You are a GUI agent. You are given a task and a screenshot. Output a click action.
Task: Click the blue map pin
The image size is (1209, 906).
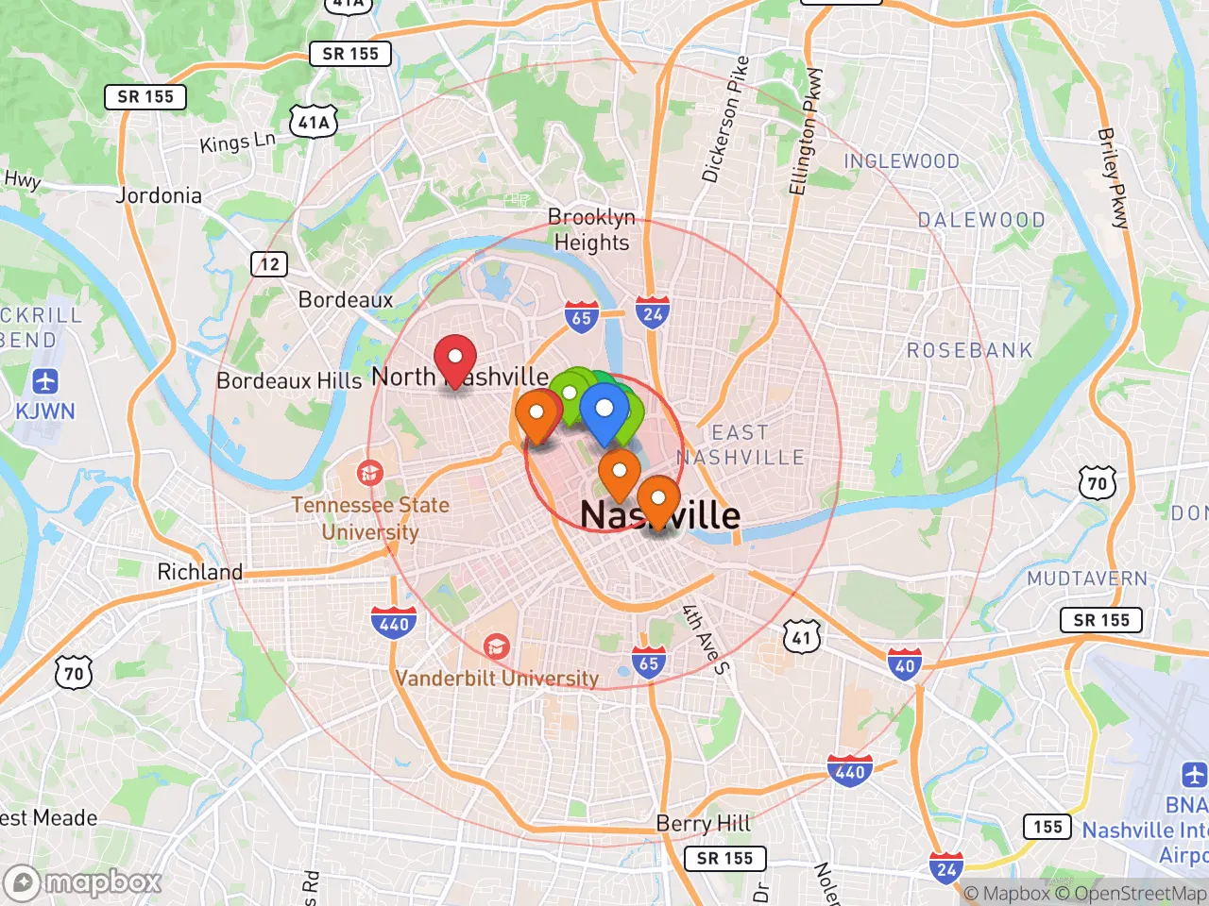tap(604, 411)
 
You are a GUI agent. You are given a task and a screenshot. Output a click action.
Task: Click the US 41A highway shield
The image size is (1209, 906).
tap(314, 122)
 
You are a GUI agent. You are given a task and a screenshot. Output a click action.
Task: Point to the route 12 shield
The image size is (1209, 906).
tap(269, 263)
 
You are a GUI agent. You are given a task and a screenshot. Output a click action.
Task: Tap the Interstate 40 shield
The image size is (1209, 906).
tap(904, 663)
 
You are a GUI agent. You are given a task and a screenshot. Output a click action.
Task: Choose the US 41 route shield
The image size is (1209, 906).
tap(801, 637)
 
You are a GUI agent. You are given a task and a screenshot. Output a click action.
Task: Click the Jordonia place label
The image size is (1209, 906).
tap(159, 195)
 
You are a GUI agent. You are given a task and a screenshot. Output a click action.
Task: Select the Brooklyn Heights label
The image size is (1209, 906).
tap(591, 229)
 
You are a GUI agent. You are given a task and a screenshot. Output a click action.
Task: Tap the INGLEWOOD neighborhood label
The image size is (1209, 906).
tap(901, 161)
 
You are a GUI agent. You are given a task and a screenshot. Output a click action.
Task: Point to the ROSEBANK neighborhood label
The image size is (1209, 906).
tap(969, 350)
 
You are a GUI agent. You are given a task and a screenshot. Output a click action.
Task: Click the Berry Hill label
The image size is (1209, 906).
tap(704, 823)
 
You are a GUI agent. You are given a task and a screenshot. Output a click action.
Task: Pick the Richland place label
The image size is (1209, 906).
tap(199, 572)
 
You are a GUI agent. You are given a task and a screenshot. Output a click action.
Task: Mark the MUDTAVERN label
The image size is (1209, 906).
tap(1087, 579)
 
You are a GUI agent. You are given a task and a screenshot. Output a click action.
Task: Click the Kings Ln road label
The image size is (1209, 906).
tap(237, 143)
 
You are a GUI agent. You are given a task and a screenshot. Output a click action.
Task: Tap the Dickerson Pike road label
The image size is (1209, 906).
tap(725, 119)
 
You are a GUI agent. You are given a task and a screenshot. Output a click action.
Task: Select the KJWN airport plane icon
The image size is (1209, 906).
tap(45, 381)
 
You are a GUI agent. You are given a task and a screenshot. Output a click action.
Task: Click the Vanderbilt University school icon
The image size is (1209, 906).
tap(496, 646)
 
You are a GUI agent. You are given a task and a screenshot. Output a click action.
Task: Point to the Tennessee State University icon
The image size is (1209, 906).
tap(370, 472)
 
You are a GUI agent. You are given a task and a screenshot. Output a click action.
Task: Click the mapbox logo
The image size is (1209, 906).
tap(83, 882)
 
